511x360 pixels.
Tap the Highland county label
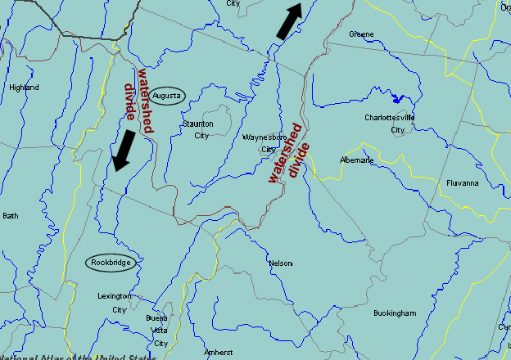(x=23, y=88)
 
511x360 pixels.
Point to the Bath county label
(x=10, y=216)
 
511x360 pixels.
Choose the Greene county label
(x=361, y=34)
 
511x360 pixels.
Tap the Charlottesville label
(x=390, y=118)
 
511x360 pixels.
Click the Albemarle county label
(x=357, y=160)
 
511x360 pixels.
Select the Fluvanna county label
(x=463, y=183)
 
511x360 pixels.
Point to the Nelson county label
(x=280, y=263)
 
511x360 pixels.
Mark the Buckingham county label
(x=395, y=313)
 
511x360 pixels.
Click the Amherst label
(x=219, y=353)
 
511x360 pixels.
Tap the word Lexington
(x=114, y=296)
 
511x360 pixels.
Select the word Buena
(x=156, y=317)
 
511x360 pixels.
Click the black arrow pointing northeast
(x=289, y=20)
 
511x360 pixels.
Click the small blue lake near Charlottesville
(x=398, y=99)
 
